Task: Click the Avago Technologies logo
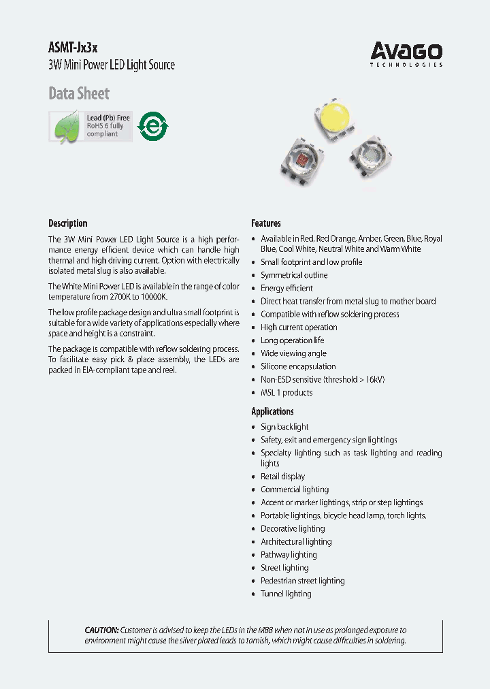406,54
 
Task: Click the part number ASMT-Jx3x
73,48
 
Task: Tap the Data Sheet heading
79,93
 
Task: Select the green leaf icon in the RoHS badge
67,127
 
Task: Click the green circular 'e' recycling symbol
152,126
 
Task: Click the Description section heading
68,223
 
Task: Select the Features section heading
266,223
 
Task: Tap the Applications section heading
272,411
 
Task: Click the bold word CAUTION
101,630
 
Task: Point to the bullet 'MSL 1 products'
287,392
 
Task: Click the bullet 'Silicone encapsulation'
298,366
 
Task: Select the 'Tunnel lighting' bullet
286,594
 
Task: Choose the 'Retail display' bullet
282,477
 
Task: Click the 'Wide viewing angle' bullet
293,353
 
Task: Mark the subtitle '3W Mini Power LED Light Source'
112,65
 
